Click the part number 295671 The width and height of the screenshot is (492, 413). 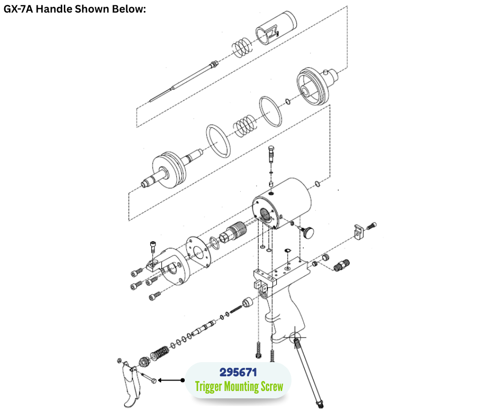click(238, 373)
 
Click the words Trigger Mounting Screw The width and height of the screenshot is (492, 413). click(239, 387)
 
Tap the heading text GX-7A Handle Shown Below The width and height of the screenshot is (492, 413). click(75, 9)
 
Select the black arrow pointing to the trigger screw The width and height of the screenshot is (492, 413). click(171, 381)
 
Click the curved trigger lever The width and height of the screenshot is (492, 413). click(131, 385)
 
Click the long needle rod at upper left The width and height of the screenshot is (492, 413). click(183, 81)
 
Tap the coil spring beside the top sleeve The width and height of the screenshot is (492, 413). click(242, 48)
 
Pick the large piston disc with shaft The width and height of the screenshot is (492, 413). click(171, 170)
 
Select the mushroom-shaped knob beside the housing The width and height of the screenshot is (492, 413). click(308, 232)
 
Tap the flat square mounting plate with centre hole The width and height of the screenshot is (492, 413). click(198, 252)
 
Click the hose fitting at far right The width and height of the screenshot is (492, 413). click(342, 265)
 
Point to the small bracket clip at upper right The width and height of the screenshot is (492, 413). click(359, 231)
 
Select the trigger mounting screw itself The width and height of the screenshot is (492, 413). click(149, 377)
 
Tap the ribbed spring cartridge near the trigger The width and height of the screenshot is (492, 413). click(160, 353)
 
